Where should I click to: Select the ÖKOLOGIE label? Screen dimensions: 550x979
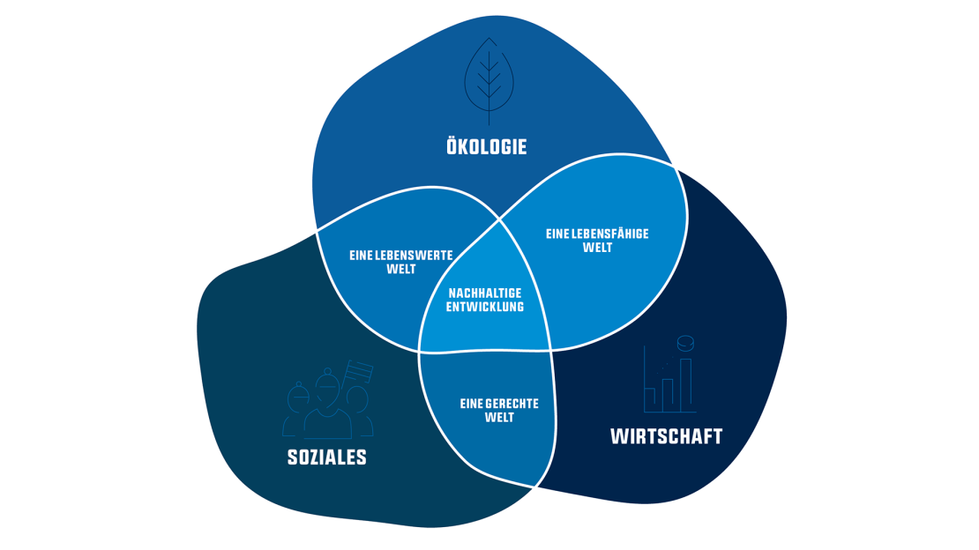(x=487, y=146)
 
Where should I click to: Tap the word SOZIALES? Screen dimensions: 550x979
(x=326, y=457)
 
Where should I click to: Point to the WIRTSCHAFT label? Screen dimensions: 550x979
(x=666, y=436)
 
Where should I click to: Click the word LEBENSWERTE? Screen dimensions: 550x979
(x=416, y=256)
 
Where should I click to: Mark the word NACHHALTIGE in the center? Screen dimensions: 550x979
(x=485, y=294)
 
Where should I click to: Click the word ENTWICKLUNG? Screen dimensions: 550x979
(x=485, y=307)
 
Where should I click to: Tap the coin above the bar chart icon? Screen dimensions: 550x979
(x=685, y=342)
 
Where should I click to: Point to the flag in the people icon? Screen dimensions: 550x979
(x=360, y=369)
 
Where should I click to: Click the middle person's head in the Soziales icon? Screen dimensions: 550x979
(x=328, y=388)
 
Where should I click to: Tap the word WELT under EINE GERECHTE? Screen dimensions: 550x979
(x=499, y=417)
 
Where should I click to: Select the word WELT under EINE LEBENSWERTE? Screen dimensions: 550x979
(x=401, y=269)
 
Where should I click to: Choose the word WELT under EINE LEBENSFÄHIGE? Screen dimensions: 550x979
(x=597, y=248)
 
